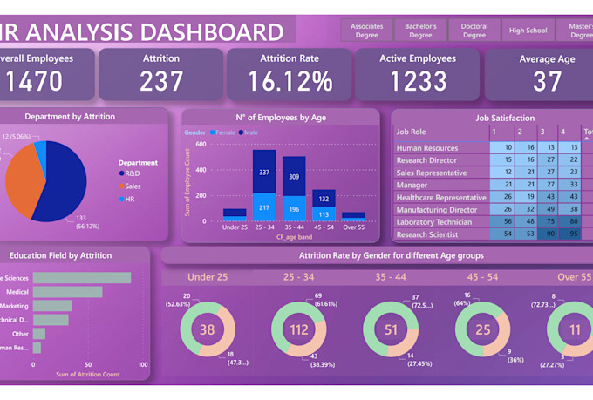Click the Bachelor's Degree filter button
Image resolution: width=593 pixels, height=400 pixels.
tap(420, 31)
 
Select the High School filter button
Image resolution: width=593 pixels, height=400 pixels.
tap(528, 31)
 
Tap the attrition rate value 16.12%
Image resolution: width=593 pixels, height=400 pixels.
tap(290, 81)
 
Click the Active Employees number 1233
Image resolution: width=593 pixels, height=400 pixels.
tap(418, 81)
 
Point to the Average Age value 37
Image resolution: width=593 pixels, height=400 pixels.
tap(548, 81)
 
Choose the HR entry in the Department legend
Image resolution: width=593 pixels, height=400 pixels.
tap(129, 200)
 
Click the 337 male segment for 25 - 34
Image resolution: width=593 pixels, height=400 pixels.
tap(263, 173)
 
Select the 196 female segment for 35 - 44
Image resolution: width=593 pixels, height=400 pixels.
tap(294, 208)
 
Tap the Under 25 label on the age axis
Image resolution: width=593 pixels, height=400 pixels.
tap(235, 227)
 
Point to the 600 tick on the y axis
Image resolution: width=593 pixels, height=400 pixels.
tap(201, 145)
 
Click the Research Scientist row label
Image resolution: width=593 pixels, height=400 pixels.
tap(427, 234)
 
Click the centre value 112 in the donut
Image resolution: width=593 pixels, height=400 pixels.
tap(299, 329)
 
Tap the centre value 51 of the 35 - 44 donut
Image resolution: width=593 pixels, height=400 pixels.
tap(391, 329)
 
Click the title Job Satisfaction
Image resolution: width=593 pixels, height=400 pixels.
tap(505, 118)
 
